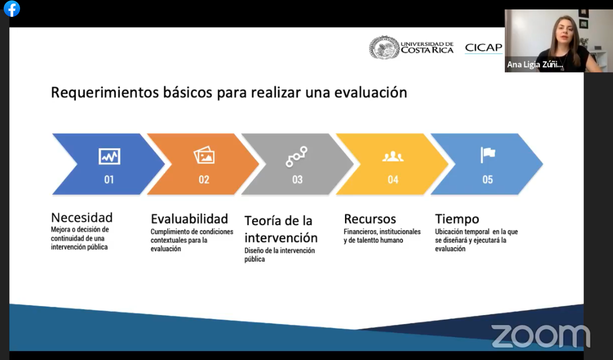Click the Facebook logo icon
click(x=12, y=9)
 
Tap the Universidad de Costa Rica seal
click(x=384, y=48)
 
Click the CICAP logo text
click(x=484, y=48)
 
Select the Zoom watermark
click(x=540, y=336)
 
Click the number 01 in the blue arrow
click(x=109, y=180)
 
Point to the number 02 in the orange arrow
click(x=204, y=180)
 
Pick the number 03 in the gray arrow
click(x=297, y=180)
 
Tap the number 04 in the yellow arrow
click(x=393, y=180)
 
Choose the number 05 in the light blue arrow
click(x=488, y=180)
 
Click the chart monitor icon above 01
click(x=109, y=156)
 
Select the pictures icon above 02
click(x=204, y=155)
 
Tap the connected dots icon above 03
click(x=297, y=156)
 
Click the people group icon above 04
click(x=393, y=156)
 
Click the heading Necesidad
click(x=82, y=218)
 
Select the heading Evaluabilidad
click(x=189, y=219)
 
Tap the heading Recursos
click(x=370, y=219)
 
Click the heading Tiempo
click(x=457, y=219)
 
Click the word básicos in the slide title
click(x=188, y=93)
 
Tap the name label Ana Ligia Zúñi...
click(x=535, y=65)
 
